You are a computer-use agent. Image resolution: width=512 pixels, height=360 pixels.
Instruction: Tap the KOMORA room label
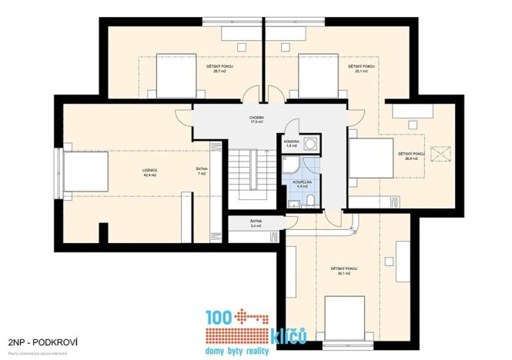point(292,142)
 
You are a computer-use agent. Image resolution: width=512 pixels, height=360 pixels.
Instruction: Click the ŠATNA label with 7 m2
point(201,172)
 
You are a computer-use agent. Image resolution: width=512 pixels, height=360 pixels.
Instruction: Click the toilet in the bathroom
point(310,201)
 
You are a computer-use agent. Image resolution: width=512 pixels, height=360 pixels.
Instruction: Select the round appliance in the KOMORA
point(309,142)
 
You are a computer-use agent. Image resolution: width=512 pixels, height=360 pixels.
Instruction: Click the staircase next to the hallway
point(251,175)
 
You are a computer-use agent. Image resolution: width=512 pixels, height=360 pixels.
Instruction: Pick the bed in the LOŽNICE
point(85,170)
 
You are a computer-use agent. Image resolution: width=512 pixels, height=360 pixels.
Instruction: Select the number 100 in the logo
point(219,318)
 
